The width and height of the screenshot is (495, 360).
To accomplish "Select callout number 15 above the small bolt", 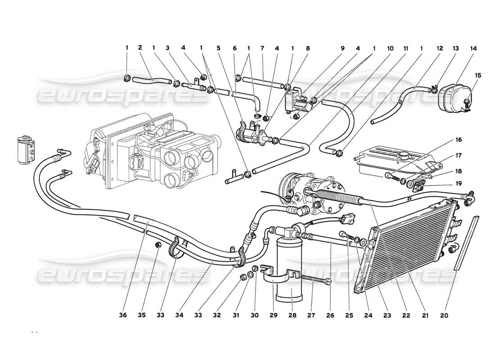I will [x=478, y=75].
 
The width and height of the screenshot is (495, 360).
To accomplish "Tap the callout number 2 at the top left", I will [x=140, y=48].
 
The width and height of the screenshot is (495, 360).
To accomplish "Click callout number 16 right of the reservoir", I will [x=459, y=140].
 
